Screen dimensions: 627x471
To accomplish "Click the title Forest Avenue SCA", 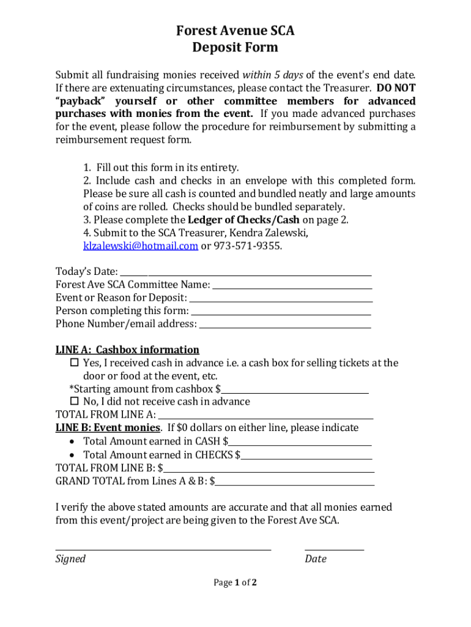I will [x=236, y=31].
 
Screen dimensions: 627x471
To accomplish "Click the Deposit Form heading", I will [x=236, y=48].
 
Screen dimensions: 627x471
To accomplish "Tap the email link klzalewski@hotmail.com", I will [x=140, y=246].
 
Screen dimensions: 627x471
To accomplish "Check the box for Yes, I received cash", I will [x=75, y=363].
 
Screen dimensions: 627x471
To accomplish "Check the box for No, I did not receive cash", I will [x=75, y=402].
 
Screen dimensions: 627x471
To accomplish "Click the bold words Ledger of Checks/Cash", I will [x=244, y=220].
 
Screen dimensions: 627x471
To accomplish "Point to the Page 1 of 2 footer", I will [x=235, y=583].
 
